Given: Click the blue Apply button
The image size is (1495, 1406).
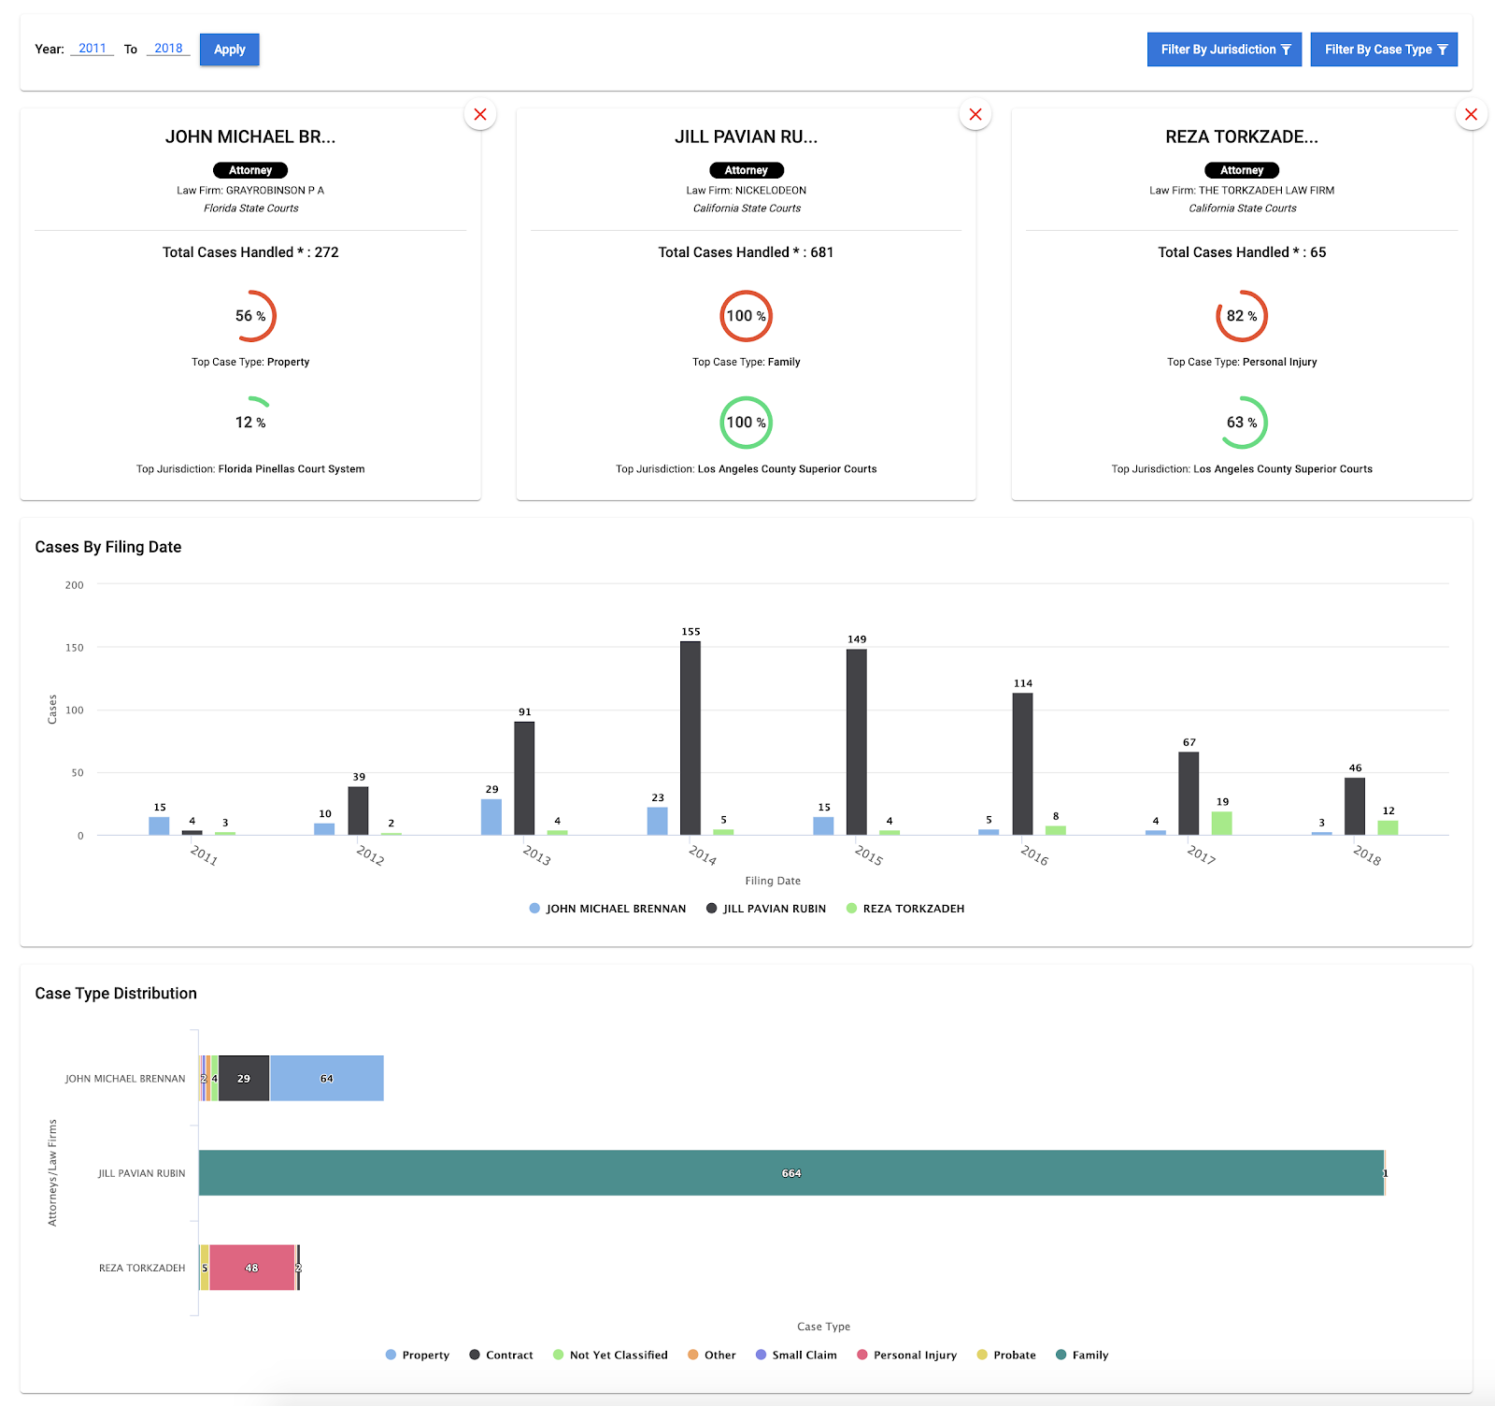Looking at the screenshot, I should coord(229,50).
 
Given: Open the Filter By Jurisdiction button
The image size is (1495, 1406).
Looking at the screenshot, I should coord(1224,50).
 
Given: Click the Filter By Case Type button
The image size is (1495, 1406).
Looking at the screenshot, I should coord(1384,50).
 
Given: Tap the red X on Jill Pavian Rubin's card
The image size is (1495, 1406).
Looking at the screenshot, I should coord(975,114).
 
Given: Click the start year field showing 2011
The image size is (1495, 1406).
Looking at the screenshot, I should coord(92,49).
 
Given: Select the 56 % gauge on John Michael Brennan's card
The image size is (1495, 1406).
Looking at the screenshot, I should coord(250,316).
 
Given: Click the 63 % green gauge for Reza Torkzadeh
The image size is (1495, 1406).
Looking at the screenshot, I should coord(1242,423).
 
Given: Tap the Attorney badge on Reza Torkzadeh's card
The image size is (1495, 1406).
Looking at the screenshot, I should coord(1242,170).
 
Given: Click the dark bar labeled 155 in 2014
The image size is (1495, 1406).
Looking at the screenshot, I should coord(691,738).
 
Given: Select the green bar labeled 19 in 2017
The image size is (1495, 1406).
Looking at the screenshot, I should coord(1221,823).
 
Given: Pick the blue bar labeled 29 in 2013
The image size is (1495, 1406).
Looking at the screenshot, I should coord(491,817).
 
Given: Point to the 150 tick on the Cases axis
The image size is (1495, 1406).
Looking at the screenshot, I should coord(75,647).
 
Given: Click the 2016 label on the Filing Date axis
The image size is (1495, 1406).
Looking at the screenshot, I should coord(1034,854).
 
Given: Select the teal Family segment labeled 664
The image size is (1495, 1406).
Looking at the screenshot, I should coord(790,1172).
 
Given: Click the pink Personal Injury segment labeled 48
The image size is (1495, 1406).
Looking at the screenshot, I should coord(252,1268).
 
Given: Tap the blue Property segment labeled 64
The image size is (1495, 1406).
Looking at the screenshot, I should coord(326,1078).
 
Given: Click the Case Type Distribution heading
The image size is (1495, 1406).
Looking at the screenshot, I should coord(116,993).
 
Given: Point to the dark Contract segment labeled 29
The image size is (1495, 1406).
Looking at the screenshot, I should coord(244,1078).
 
